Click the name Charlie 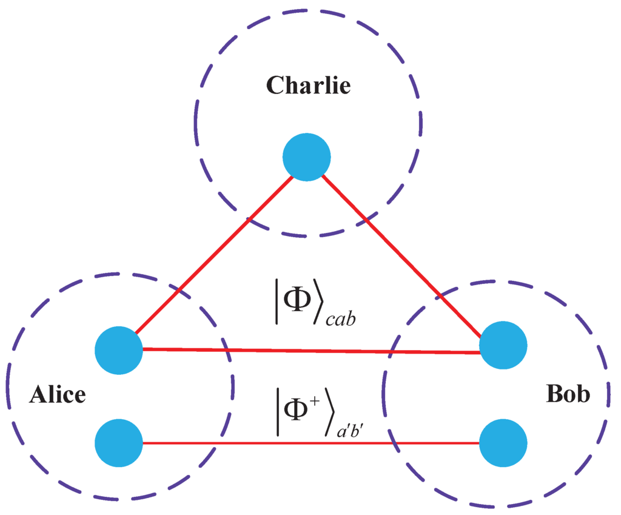(x=309, y=86)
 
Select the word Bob (x=568, y=395)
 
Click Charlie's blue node (x=307, y=157)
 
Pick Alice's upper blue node (x=119, y=350)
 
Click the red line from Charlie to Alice (x=212, y=255)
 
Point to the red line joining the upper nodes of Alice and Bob (x=309, y=351)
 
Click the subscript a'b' (x=352, y=431)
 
